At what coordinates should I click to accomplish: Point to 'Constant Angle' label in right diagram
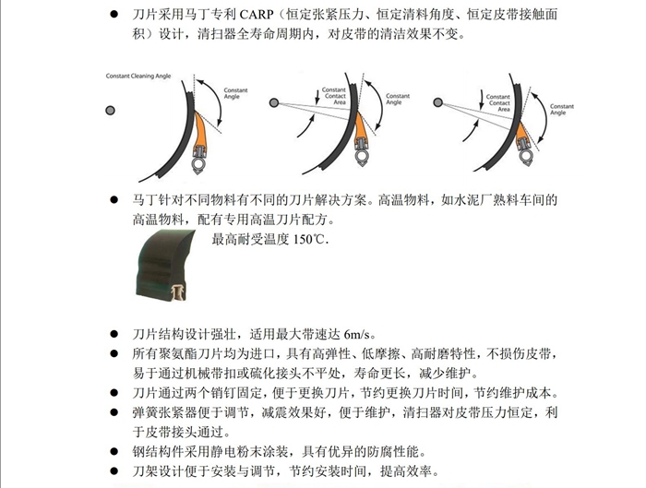coord(563,108)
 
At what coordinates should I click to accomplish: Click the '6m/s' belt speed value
coord(362,334)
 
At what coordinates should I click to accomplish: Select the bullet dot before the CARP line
coord(114,17)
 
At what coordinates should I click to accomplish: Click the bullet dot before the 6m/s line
coord(114,334)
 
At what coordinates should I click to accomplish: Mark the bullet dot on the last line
coord(114,472)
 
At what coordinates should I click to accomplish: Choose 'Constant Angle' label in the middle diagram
coord(398,99)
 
